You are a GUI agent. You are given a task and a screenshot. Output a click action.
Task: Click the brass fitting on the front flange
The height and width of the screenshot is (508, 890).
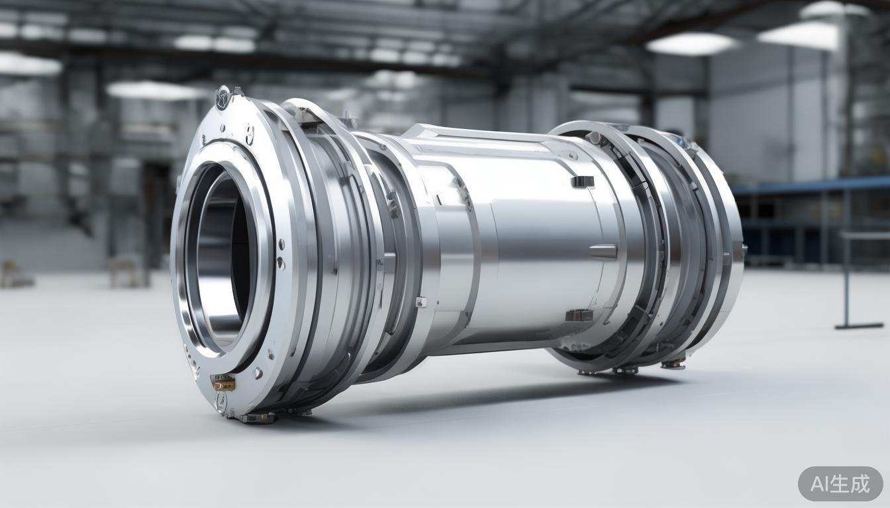point(223,383)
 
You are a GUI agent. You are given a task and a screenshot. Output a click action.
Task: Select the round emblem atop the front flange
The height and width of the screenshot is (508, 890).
point(223,97)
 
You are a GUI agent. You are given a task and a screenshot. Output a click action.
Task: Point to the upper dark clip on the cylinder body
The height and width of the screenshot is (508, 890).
point(582,182)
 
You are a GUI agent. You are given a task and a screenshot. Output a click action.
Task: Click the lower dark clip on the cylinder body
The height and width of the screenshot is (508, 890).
point(579,316)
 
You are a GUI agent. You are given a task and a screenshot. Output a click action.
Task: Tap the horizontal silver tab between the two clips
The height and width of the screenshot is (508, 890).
point(603,251)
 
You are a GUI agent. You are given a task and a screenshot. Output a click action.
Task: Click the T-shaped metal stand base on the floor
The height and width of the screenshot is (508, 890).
point(858,325)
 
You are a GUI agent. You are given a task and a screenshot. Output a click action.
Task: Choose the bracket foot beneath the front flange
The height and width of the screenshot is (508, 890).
point(255,417)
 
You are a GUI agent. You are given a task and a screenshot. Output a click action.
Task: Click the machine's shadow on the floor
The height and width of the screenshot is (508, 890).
point(464,397)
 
